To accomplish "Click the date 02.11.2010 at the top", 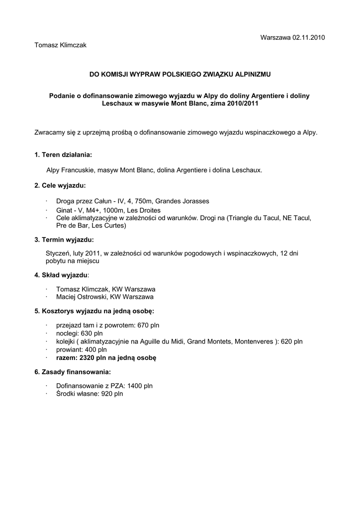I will [309, 38].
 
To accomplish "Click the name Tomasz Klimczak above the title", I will [60, 45].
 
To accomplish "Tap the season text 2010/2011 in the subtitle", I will [243, 104].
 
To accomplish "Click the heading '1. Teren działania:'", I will [63, 155].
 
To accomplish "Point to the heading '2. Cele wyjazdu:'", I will [60, 185].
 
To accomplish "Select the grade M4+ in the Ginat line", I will [92, 210].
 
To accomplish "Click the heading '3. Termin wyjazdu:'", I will [64, 240].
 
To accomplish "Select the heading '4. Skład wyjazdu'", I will [61, 275].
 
